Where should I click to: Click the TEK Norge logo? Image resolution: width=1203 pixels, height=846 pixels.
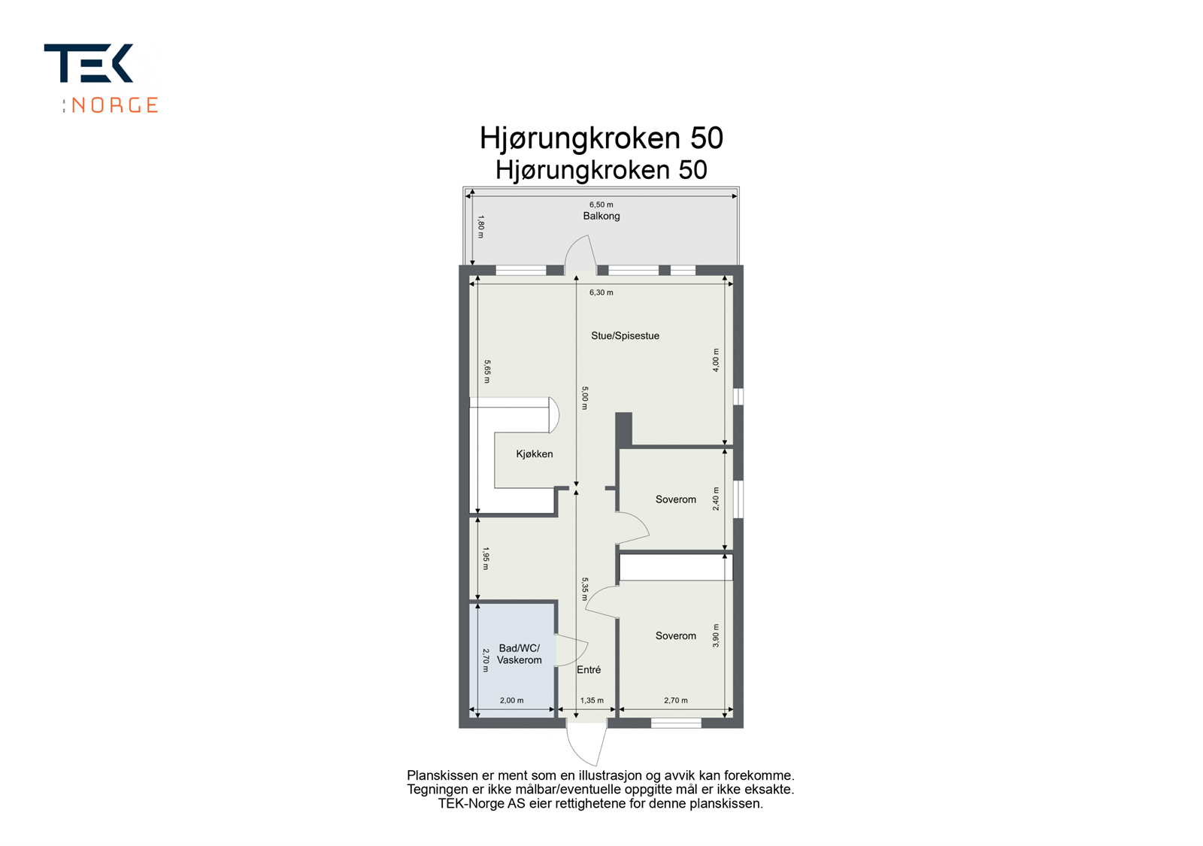102,78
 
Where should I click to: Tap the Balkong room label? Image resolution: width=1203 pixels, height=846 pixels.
601,216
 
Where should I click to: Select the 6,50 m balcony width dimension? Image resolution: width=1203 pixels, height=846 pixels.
601,205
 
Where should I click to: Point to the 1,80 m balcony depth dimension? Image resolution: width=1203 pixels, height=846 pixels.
481,227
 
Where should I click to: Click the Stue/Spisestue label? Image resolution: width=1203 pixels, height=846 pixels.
625,336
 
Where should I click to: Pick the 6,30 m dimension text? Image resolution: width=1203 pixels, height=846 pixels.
601,293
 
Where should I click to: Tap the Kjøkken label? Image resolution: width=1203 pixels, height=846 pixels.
535,454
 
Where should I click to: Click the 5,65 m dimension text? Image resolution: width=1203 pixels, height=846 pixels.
487,371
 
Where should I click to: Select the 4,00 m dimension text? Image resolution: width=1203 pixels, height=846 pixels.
716,360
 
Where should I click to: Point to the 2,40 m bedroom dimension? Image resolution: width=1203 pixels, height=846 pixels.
716,499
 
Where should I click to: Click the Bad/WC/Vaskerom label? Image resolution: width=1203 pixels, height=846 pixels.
519,654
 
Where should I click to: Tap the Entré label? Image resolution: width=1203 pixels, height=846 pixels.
589,670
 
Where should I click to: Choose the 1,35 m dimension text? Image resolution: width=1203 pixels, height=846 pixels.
592,701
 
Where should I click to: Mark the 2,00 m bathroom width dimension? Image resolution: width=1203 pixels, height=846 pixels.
511,701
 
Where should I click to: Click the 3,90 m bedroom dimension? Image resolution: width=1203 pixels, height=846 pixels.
716,635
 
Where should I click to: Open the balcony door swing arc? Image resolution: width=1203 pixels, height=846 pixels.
580,252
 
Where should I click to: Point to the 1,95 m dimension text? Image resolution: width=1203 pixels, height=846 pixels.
486,559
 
